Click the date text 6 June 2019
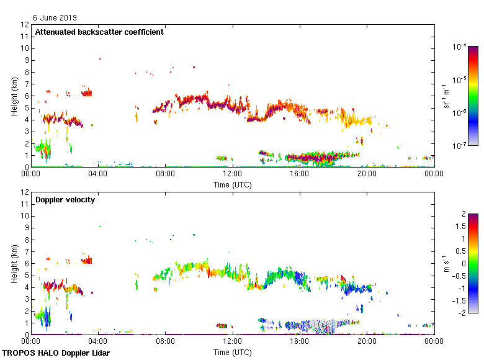tap(55, 17)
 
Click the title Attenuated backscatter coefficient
tap(99, 32)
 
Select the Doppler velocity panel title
tap(61, 200)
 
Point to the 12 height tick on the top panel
tap(26, 25)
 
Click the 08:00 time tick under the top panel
tap(165, 174)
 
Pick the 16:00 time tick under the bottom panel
tap(300, 342)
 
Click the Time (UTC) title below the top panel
tap(232, 184)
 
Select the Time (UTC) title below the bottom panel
tap(232, 352)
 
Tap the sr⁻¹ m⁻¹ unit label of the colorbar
tap(446, 96)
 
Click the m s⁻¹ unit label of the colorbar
tap(446, 264)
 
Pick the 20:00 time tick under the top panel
tap(367, 174)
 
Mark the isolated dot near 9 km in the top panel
tap(99, 59)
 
